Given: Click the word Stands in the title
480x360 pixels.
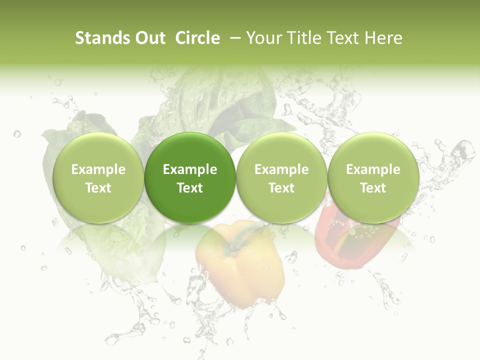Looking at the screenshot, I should (101, 38).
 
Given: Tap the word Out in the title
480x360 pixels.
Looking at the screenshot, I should (149, 38).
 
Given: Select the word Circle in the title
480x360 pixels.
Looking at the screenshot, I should (197, 38).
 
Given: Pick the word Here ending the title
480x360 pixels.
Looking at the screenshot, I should (384, 38).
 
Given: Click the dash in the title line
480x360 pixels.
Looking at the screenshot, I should (234, 38).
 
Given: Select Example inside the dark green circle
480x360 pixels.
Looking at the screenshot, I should (190, 169).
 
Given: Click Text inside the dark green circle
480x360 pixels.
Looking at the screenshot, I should (190, 188).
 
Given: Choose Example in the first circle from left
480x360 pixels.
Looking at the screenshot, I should (98, 169).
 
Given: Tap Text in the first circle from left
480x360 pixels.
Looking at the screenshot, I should (98, 188).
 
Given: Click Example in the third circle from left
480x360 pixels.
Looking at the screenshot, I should (281, 169).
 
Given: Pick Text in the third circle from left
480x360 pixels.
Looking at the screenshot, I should (281, 188).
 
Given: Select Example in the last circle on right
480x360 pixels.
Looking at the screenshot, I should (373, 169).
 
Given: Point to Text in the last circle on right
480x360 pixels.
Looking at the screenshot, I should (373, 188).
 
